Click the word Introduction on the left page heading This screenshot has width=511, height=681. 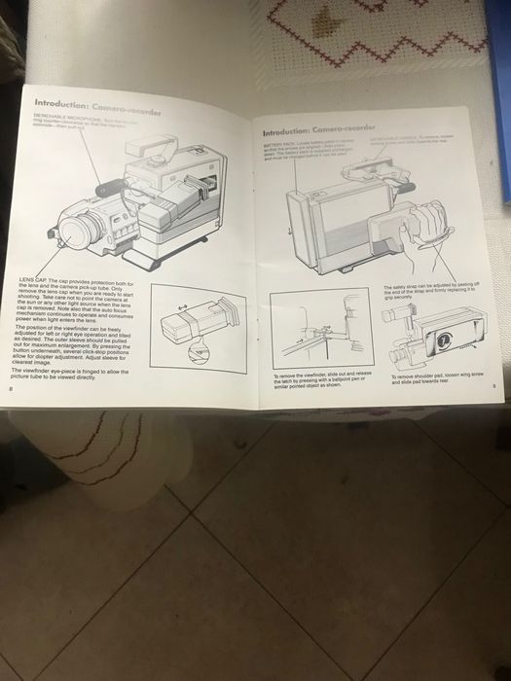pos(63,102)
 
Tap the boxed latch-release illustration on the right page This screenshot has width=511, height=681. pos(320,328)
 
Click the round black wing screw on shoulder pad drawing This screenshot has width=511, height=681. pos(445,341)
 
